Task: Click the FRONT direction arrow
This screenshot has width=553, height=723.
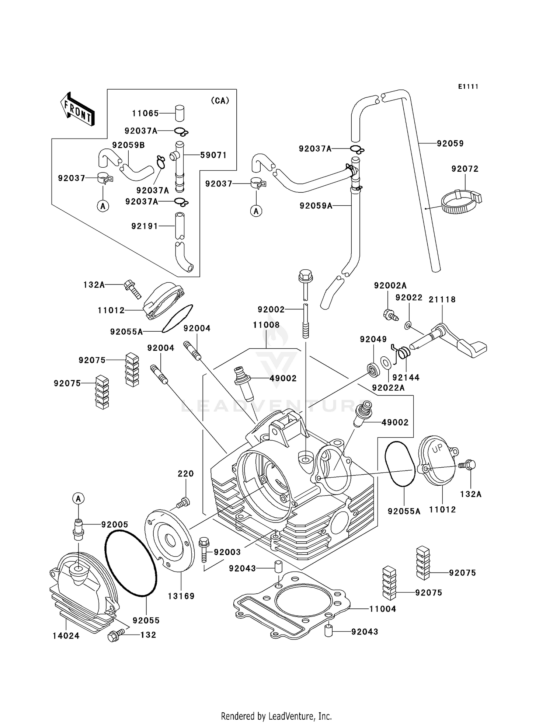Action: tap(77, 110)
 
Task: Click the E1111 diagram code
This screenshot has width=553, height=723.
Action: tap(468, 87)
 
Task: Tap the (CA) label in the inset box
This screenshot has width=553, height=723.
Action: tap(220, 101)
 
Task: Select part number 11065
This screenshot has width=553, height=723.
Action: tap(145, 113)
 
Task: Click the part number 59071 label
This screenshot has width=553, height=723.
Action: tap(213, 155)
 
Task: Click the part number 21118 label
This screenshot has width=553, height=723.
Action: tap(442, 300)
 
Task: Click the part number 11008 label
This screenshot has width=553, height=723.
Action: tap(266, 325)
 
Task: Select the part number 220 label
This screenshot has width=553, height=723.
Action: tap(185, 474)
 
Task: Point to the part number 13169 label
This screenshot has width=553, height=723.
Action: tap(181, 596)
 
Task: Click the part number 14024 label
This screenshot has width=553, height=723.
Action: tap(66, 636)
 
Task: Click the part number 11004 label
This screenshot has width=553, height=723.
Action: tap(382, 609)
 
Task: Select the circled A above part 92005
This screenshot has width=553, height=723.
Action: tap(78, 499)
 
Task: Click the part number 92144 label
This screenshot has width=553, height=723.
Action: tap(406, 377)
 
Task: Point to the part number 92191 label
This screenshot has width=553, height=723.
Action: tap(145, 226)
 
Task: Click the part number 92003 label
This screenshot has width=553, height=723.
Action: tap(227, 552)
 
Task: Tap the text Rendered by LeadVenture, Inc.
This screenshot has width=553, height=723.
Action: tap(276, 716)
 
